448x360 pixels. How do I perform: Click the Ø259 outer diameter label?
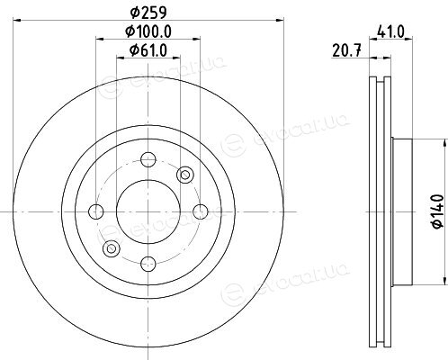pos(148,13)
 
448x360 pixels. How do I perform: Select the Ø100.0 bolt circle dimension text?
pos(148,31)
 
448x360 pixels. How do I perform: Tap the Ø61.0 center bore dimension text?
pos(148,50)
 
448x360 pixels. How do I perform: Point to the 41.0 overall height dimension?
pos(391,31)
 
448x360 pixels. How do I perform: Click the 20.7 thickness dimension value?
pos(346,50)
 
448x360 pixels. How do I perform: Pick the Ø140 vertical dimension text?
pos(438,211)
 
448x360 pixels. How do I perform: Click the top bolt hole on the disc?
pos(148,159)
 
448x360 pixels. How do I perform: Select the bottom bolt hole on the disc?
pos(148,264)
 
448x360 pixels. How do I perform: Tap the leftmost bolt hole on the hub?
pos(96,211)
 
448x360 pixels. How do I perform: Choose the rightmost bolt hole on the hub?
pos(201,211)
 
